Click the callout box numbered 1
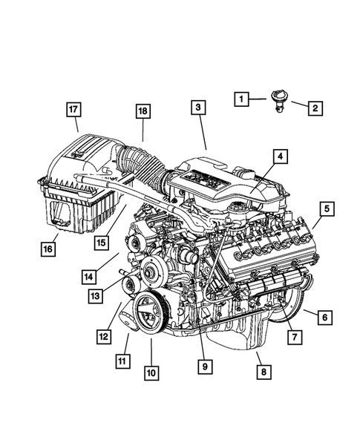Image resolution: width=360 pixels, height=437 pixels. click(240, 97)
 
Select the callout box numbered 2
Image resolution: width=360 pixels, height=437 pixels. click(315, 108)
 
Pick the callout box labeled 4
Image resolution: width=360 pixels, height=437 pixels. click(280, 157)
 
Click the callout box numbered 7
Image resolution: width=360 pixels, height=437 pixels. click(295, 337)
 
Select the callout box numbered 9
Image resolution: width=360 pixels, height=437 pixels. click(201, 365)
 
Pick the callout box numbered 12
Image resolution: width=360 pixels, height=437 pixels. click(103, 336)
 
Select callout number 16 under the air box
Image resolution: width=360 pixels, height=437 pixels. click(48, 248)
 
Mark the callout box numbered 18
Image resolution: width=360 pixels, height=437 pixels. click(143, 114)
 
